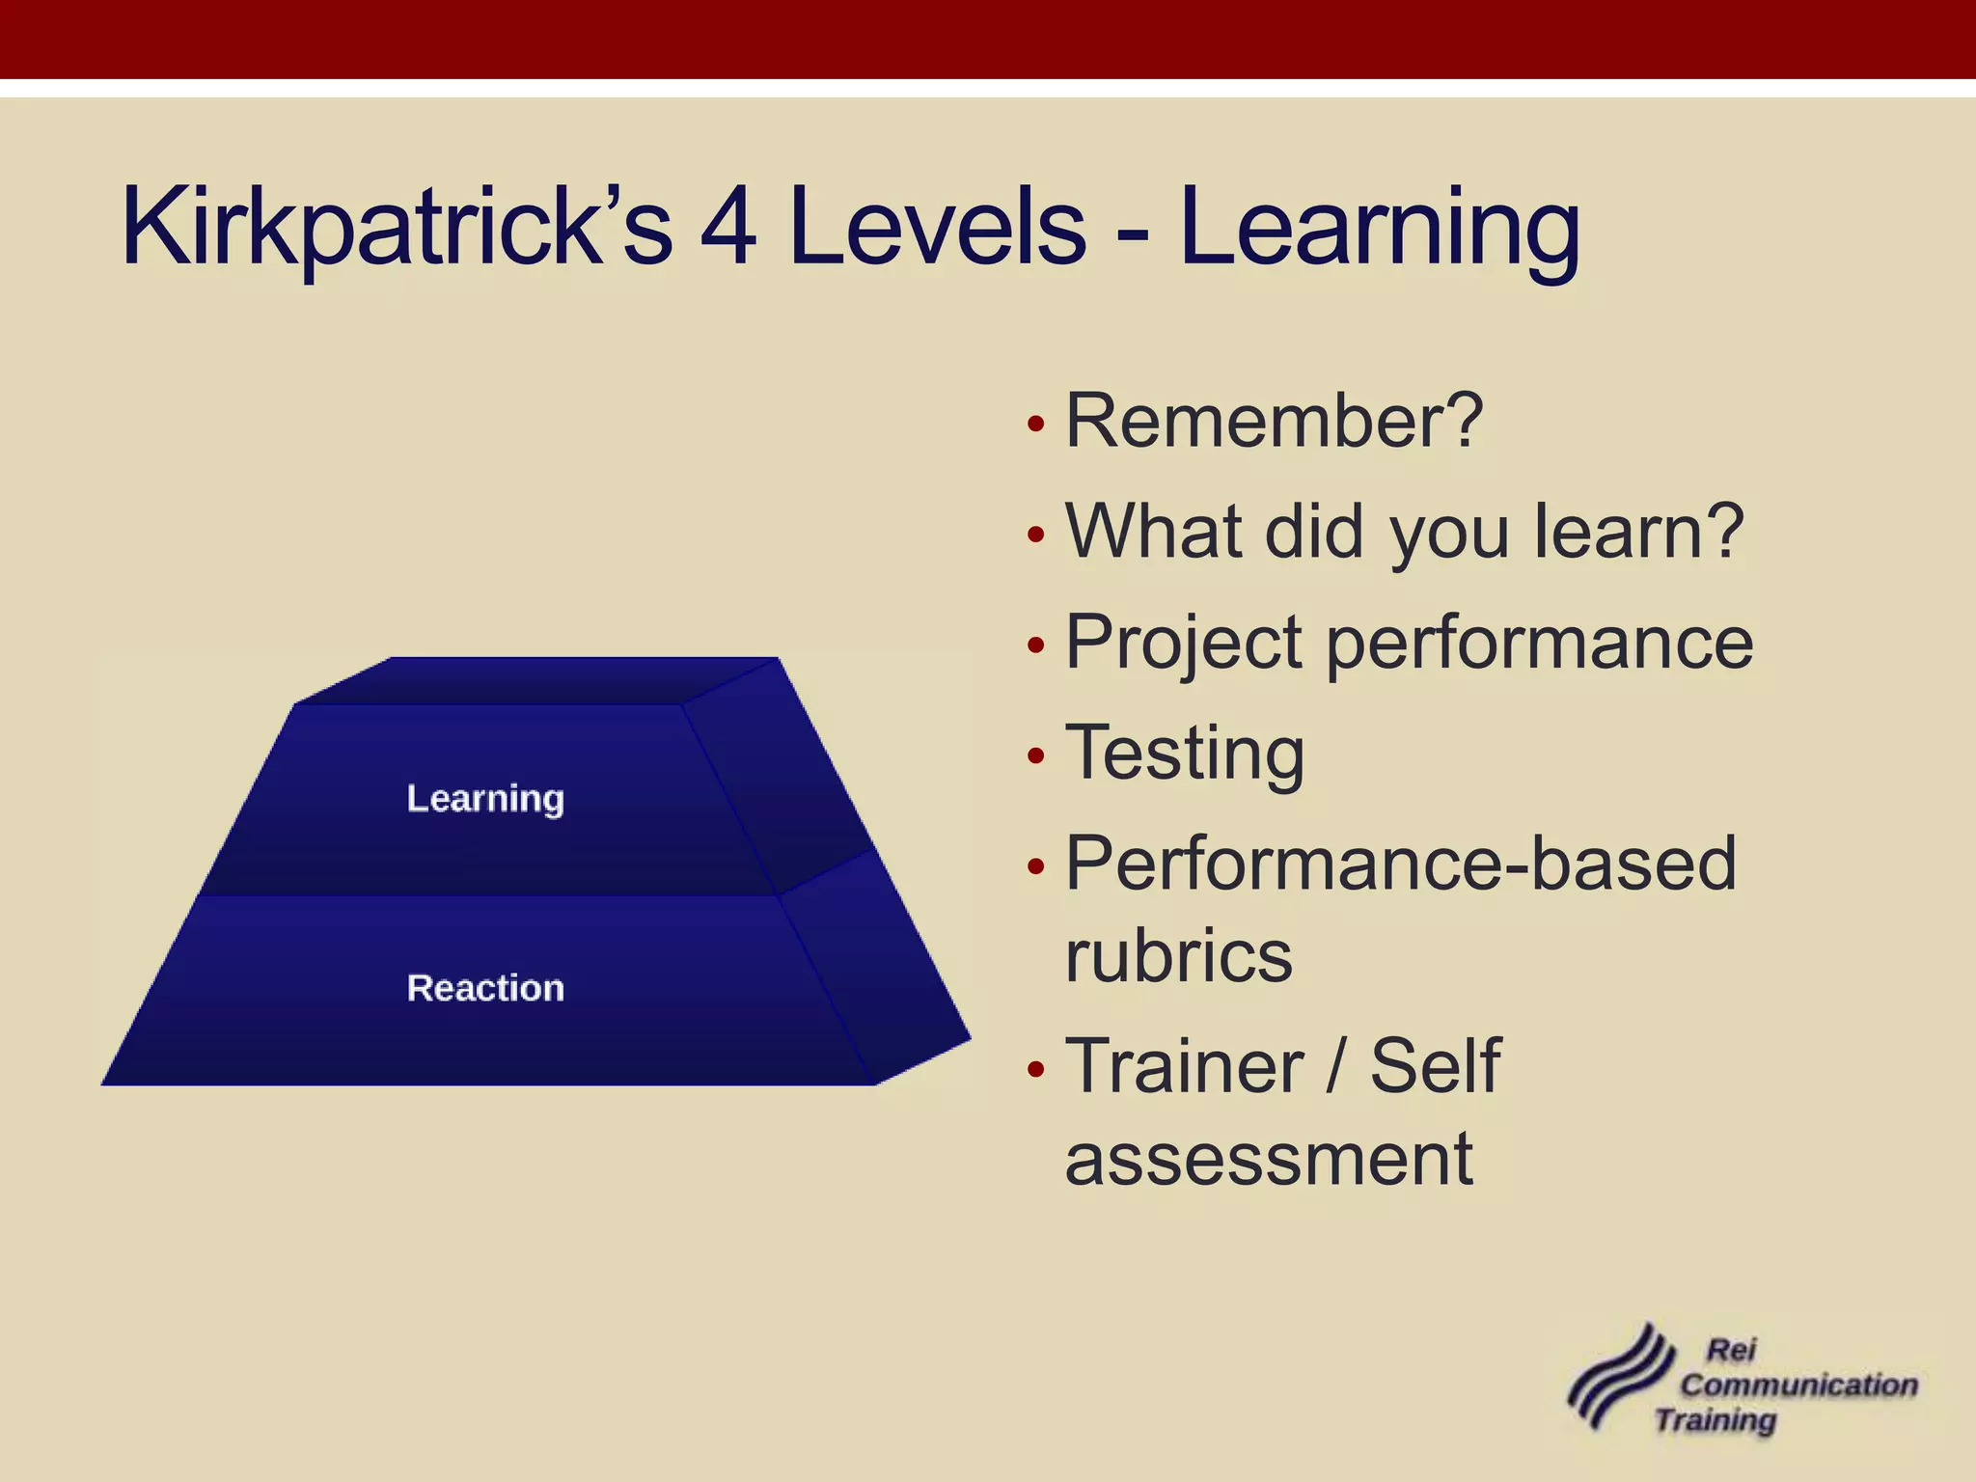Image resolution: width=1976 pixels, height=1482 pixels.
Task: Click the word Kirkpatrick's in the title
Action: click(396, 228)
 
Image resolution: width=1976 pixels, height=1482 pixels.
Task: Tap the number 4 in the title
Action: click(728, 228)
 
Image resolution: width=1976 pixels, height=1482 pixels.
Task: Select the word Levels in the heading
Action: click(937, 228)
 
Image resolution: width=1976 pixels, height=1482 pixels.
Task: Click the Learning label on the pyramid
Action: click(485, 799)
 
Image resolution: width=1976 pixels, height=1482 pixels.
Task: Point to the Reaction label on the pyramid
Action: click(485, 988)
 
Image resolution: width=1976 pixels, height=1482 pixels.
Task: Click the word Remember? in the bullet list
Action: click(1274, 422)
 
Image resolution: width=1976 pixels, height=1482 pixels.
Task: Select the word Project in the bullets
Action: click(1185, 644)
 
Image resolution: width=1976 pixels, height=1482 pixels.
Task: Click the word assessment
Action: click(1269, 1158)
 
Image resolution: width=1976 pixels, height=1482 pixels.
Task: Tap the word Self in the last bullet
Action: click(1436, 1066)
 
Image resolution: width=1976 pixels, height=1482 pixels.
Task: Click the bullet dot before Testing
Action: click(1036, 755)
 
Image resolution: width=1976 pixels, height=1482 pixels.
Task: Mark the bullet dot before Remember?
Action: click(1036, 425)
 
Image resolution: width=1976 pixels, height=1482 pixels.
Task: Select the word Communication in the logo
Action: click(1798, 1385)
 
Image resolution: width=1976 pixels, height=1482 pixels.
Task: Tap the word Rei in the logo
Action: click(1731, 1350)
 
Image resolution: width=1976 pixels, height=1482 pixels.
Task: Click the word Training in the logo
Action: click(1715, 1420)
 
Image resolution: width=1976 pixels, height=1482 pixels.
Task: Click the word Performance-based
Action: click(1400, 864)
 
